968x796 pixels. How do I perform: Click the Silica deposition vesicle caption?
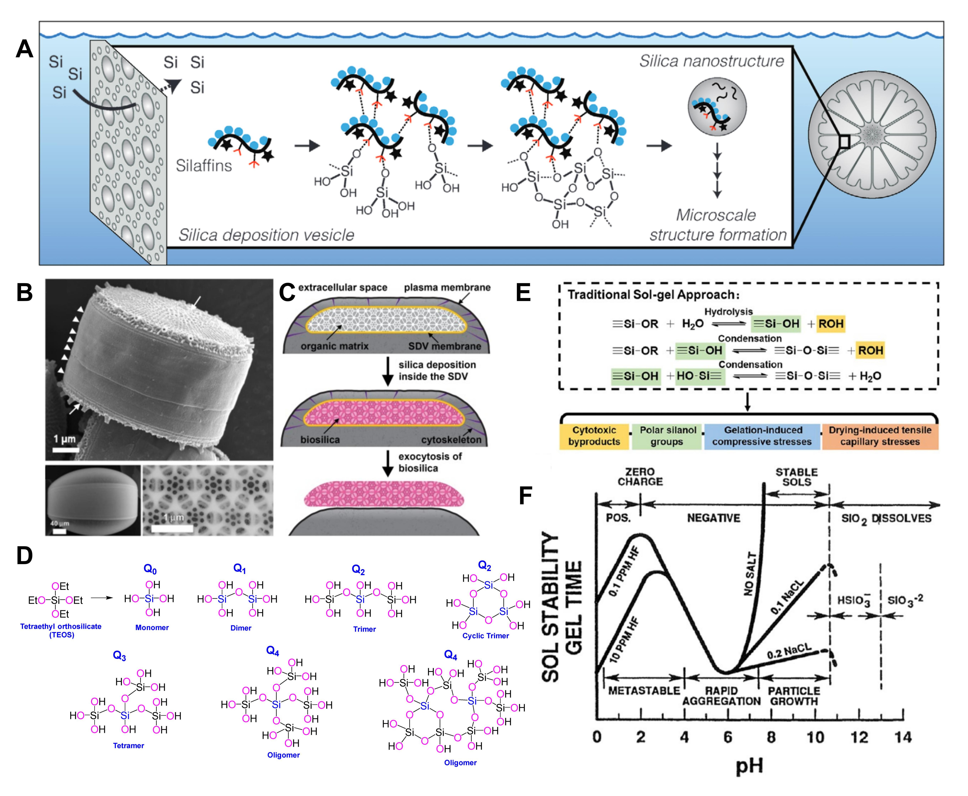tap(266, 235)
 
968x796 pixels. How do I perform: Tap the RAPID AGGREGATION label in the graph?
tap(721, 696)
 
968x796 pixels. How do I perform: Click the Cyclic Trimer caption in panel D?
tap(485, 636)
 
